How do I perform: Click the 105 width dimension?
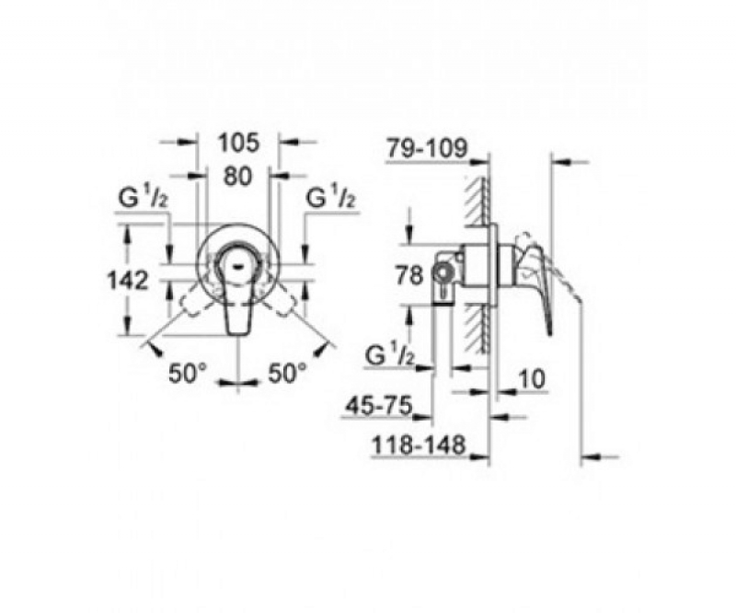[238, 143]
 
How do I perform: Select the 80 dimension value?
[237, 177]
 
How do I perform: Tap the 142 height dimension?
[128, 281]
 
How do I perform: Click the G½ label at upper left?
[144, 198]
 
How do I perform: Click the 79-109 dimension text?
[427, 148]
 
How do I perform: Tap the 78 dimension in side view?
[409, 275]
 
